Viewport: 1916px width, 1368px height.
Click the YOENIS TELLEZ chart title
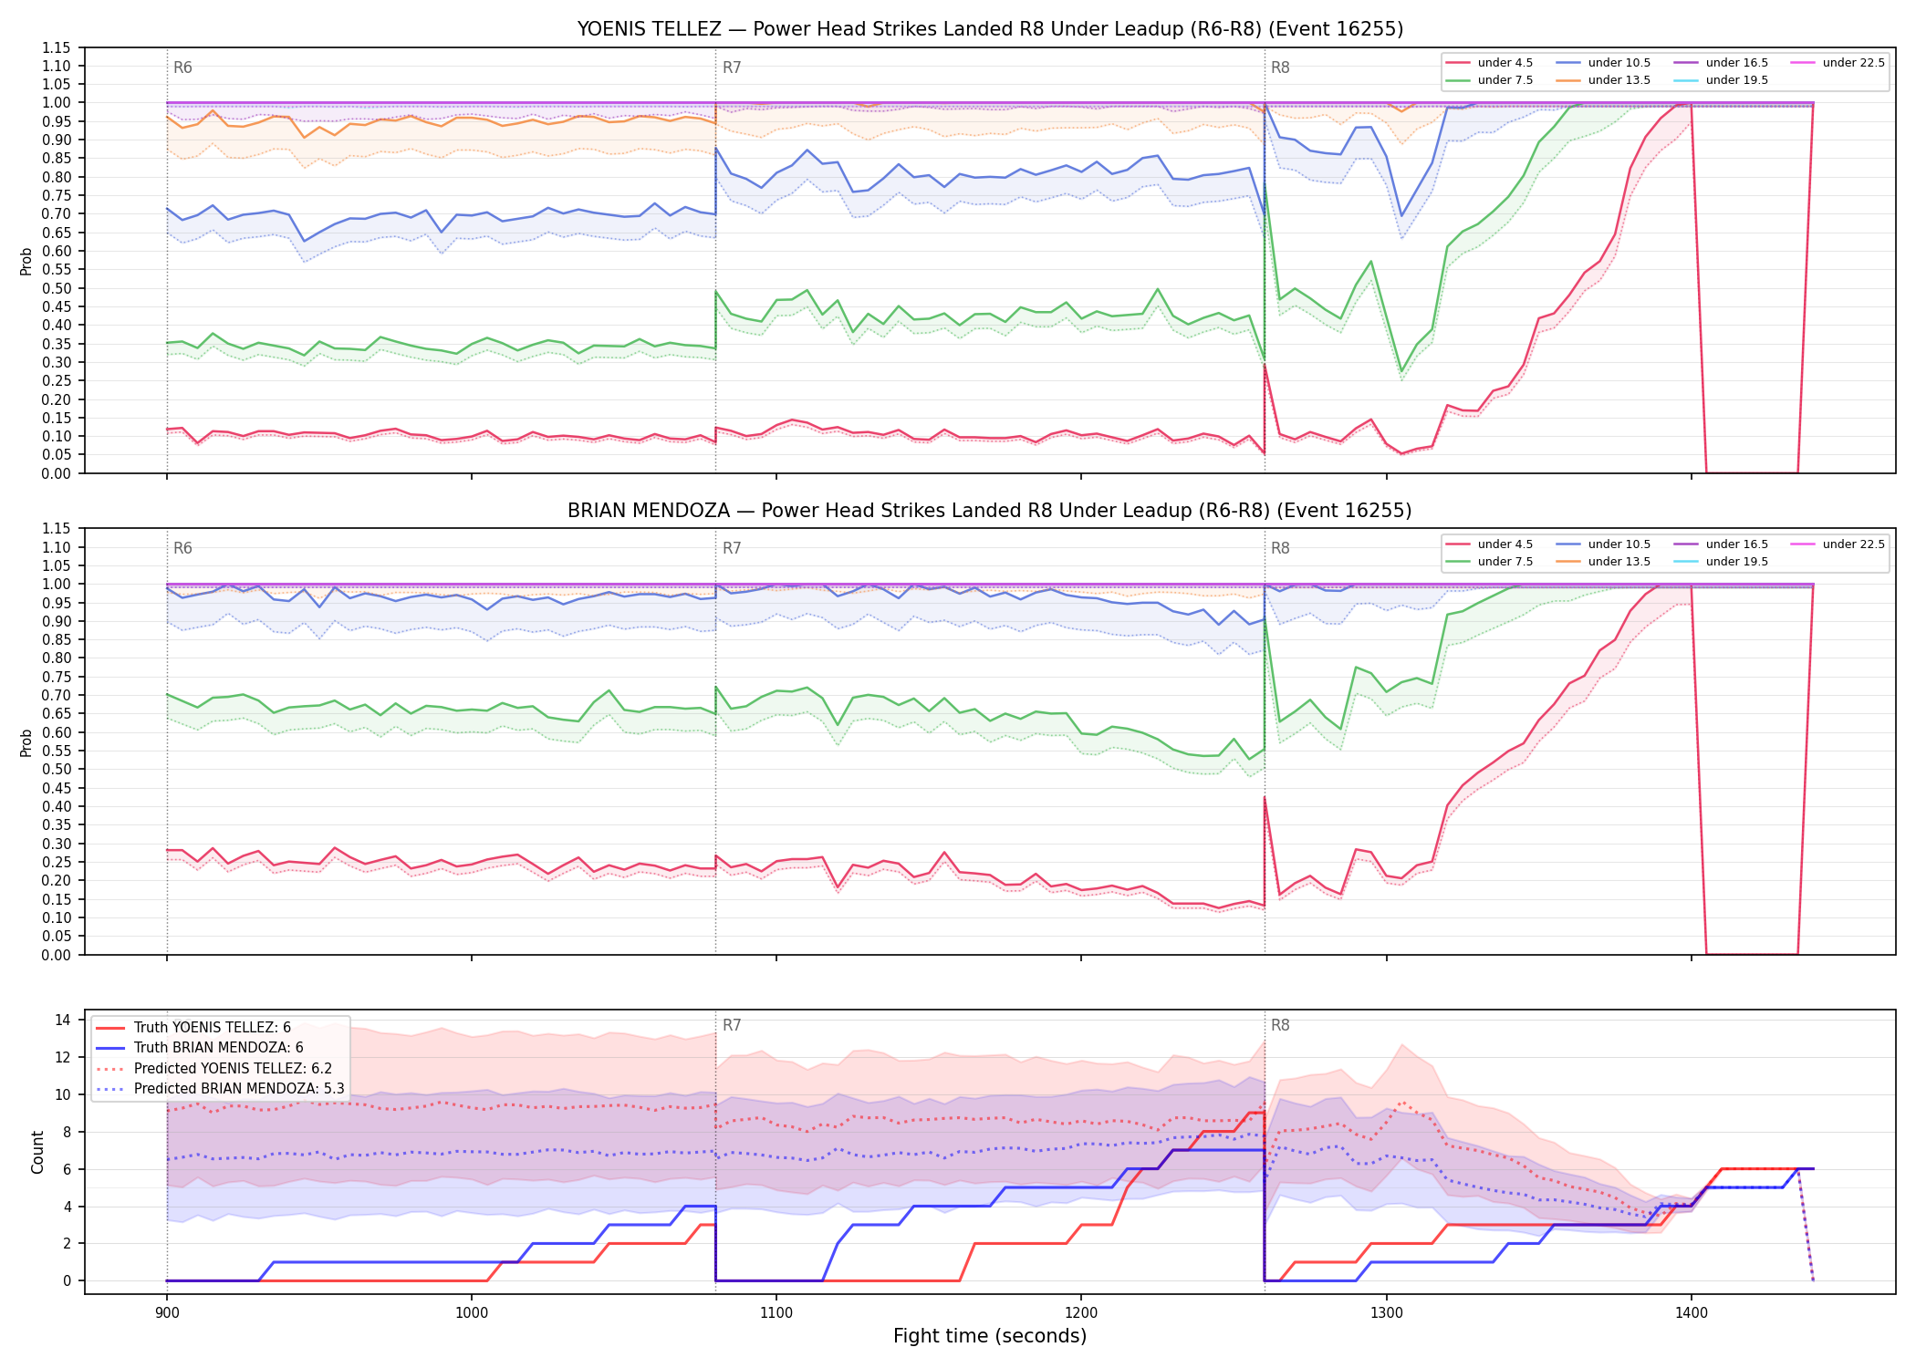pyautogui.click(x=990, y=29)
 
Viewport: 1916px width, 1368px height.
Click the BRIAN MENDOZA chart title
pyautogui.click(x=990, y=511)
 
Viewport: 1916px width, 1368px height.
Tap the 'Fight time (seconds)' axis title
pyautogui.click(x=990, y=1337)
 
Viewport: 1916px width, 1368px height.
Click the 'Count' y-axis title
pyautogui.click(x=37, y=1152)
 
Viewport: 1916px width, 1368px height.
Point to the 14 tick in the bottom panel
pyautogui.click(x=63, y=1021)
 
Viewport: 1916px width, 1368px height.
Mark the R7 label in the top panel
pyautogui.click(x=732, y=67)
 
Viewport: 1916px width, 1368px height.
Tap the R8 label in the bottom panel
pyautogui.click(x=1280, y=1025)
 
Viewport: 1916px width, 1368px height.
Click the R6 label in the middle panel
pyautogui.click(x=182, y=548)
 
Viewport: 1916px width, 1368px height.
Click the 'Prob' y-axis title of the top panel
pyautogui.click(x=26, y=261)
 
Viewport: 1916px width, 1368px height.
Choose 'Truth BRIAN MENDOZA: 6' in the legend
pyautogui.click(x=219, y=1048)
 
